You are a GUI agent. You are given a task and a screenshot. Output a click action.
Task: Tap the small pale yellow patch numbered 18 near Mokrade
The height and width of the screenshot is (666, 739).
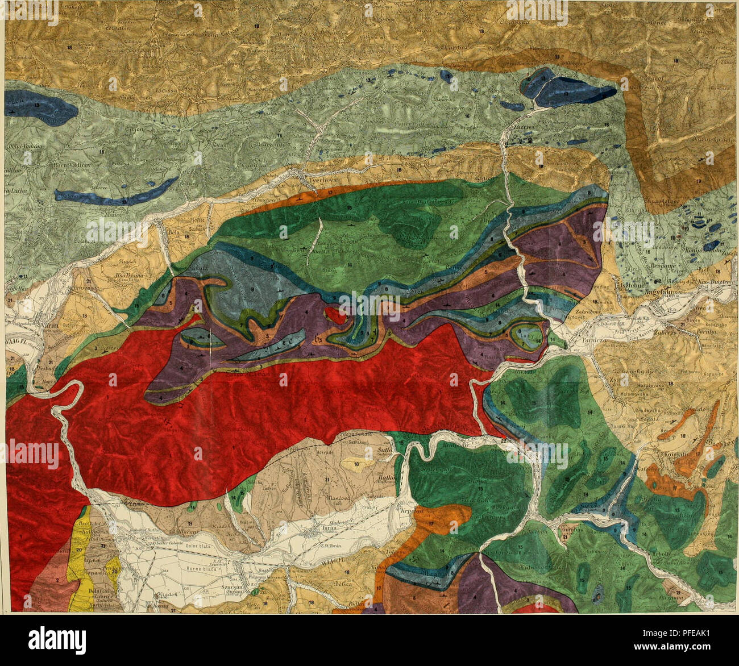[357, 464]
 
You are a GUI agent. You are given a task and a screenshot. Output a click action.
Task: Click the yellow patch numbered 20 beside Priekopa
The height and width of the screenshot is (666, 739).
[80, 546]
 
